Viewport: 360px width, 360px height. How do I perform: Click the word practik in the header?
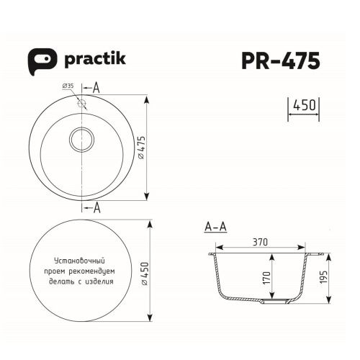(95, 58)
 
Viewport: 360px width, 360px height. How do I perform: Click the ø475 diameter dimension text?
(143, 147)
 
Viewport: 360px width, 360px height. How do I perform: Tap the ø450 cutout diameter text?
(143, 272)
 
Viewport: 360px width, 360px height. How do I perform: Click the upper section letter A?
(96, 88)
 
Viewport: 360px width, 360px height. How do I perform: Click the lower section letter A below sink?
(96, 208)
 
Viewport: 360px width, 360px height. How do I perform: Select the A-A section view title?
(215, 228)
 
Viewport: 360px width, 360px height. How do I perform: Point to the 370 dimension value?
(261, 243)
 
